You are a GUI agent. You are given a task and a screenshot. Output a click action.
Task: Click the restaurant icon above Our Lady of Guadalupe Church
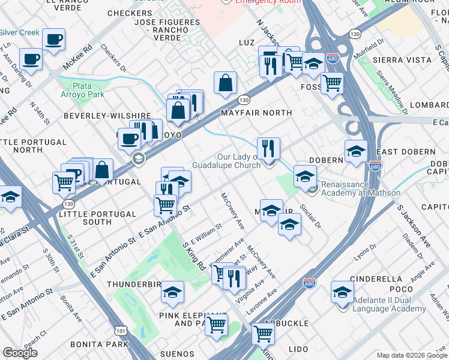click(x=268, y=148)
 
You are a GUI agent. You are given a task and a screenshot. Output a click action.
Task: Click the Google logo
click(x=20, y=353)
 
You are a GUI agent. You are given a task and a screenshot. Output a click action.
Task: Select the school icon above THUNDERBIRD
click(x=172, y=292)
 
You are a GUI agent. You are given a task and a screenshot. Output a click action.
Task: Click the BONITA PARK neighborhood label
click(x=99, y=344)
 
